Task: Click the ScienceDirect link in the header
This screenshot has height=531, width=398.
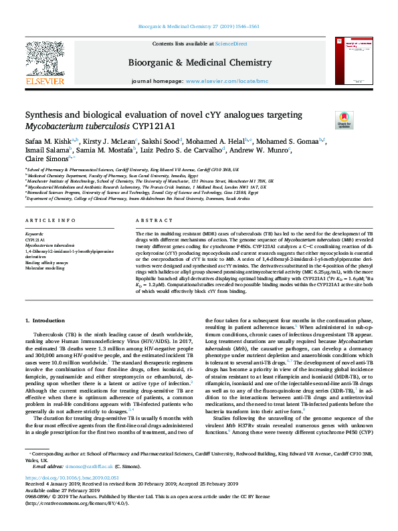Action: coord(231,43)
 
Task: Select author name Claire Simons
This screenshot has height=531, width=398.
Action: coord(45,160)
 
